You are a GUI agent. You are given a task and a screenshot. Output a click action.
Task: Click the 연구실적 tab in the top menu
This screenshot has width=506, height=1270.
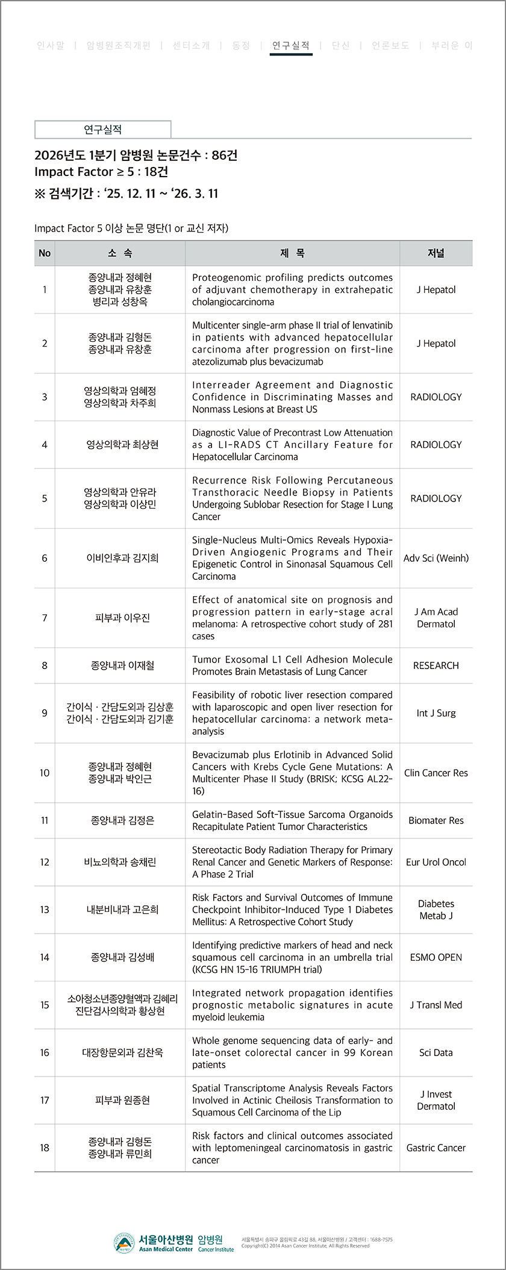[291, 45]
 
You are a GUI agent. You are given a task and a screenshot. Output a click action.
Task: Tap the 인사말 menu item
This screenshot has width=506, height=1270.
[51, 45]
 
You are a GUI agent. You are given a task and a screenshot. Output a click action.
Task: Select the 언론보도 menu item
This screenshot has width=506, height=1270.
[390, 45]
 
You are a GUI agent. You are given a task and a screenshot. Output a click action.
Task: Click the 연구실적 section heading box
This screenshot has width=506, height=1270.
[103, 130]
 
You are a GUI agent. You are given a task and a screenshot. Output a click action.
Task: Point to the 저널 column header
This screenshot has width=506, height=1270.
[436, 253]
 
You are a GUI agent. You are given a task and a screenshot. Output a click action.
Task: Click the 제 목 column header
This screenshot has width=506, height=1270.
[292, 253]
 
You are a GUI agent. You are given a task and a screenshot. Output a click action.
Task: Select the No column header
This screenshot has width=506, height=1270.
[45, 253]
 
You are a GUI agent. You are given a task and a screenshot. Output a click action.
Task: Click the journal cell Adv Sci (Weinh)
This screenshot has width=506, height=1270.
[436, 558]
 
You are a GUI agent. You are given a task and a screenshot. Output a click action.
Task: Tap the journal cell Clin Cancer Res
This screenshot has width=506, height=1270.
[436, 773]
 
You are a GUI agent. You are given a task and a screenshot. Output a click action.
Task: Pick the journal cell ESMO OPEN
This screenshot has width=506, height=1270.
[436, 957]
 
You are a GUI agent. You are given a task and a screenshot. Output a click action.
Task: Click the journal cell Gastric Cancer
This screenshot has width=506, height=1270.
[436, 1148]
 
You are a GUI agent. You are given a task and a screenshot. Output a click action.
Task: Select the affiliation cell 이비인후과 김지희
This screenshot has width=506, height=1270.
[122, 558]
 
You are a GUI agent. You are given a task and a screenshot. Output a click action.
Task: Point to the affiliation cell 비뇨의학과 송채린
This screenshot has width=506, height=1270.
[120, 862]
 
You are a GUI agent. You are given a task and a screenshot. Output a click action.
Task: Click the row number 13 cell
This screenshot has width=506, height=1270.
[45, 910]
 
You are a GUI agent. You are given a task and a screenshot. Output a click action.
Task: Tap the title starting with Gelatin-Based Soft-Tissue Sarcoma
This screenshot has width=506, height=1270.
[292, 820]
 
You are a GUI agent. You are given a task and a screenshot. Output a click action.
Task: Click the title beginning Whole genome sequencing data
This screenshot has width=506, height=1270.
[292, 1052]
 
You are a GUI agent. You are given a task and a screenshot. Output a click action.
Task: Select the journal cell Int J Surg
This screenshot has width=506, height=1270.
[436, 713]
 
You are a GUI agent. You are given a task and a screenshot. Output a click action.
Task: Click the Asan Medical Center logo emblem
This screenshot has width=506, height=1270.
[123, 1242]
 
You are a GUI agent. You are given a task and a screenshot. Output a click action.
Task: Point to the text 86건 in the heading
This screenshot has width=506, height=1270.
[225, 156]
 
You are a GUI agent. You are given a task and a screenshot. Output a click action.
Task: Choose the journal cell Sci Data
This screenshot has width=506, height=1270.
[436, 1052]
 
